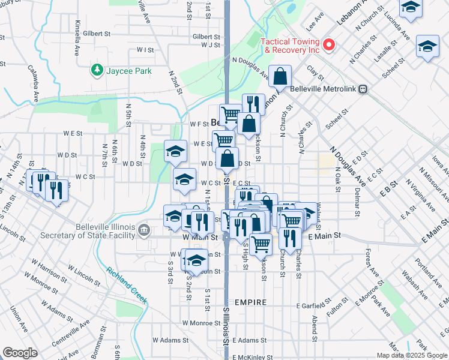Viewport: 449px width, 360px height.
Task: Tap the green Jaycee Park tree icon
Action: tap(97, 71)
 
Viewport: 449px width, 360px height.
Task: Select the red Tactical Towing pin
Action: tap(328, 44)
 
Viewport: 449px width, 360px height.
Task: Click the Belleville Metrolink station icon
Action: tap(363, 89)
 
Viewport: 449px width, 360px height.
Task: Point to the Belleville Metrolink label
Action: tap(323, 89)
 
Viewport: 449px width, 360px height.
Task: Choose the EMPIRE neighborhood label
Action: tap(250, 302)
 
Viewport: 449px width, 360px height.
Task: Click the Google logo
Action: tap(20, 352)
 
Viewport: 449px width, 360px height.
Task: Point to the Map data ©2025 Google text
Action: tap(411, 355)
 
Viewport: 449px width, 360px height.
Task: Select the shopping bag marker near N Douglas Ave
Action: tap(280, 76)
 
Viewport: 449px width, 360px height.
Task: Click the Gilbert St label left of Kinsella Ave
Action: tap(98, 34)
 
